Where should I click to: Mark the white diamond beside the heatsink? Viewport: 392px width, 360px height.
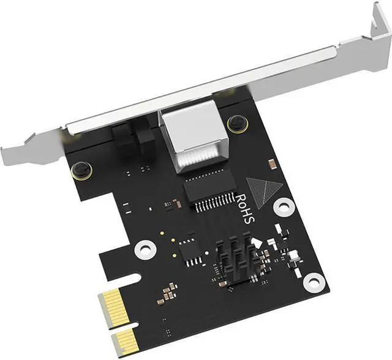[x=258, y=242]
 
